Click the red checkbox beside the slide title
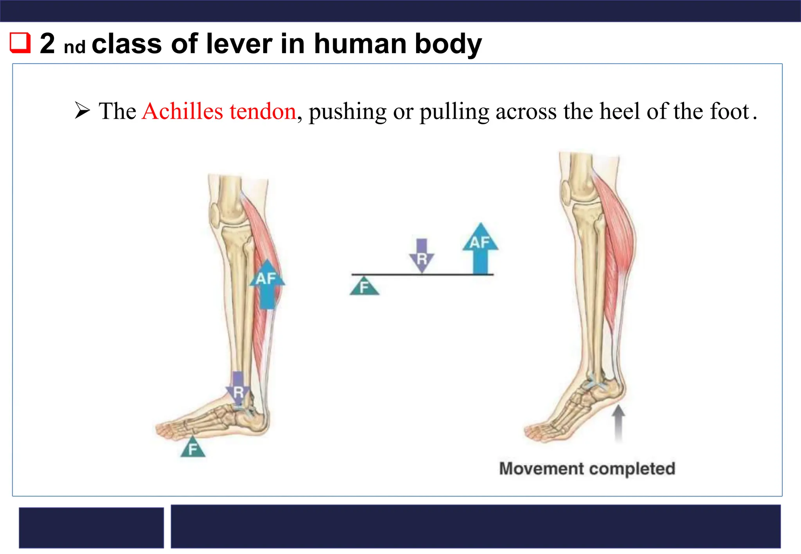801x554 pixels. click(x=20, y=43)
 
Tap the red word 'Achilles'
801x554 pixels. click(x=183, y=111)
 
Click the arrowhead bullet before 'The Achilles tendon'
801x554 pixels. click(x=83, y=110)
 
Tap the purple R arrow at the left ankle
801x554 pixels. click(x=238, y=389)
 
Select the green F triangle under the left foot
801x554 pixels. click(x=192, y=448)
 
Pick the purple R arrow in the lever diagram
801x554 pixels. click(x=422, y=255)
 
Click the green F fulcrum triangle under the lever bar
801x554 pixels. click(x=364, y=286)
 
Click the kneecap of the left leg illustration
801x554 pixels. click(x=215, y=214)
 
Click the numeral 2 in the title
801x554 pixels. click(x=47, y=43)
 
